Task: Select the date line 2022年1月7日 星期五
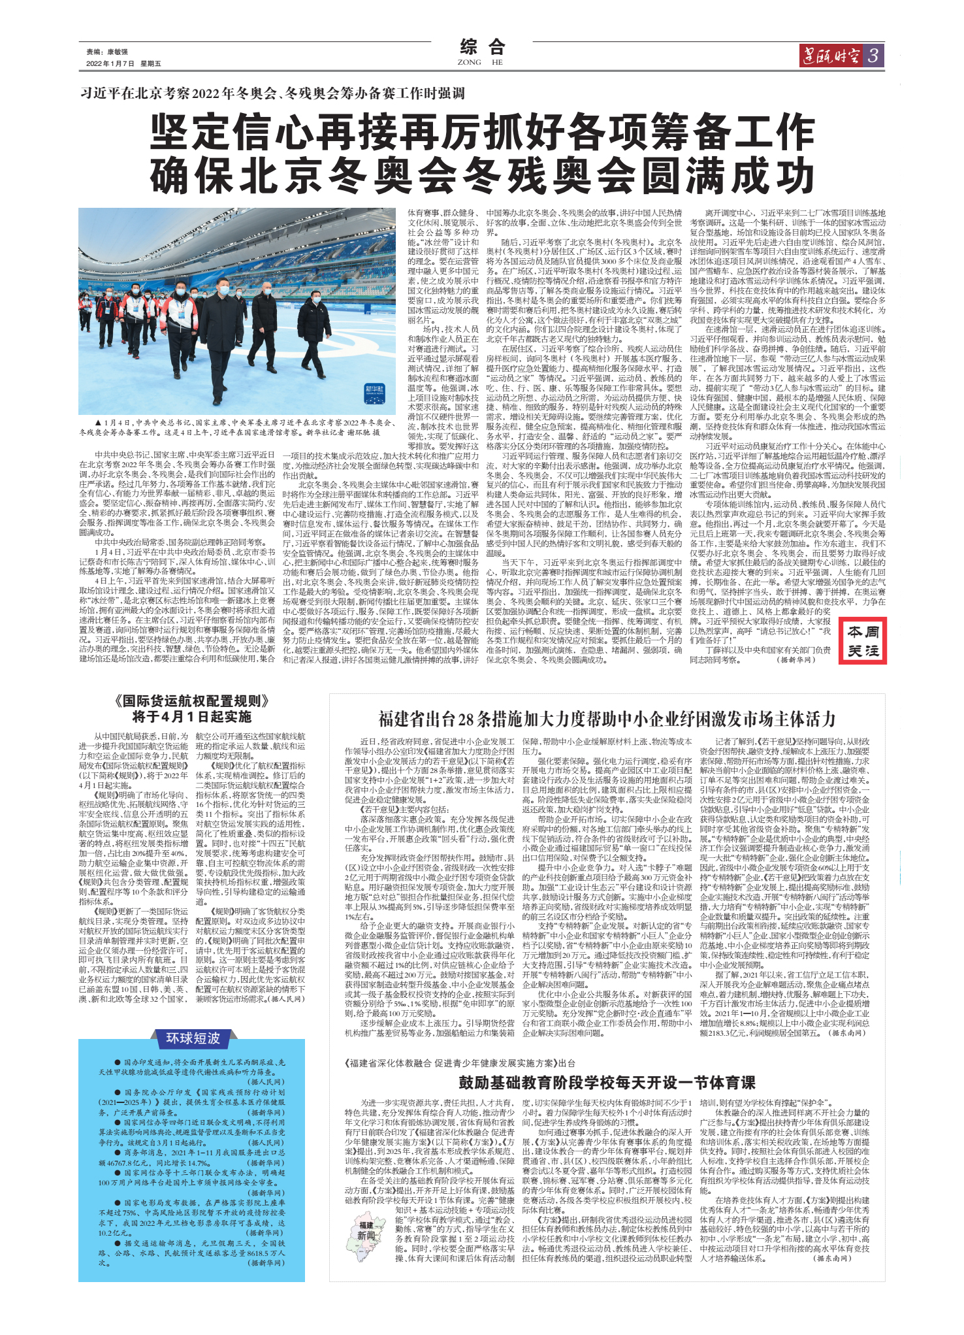coord(123,63)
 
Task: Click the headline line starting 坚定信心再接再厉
coord(482,133)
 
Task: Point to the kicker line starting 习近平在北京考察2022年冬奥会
coord(272,93)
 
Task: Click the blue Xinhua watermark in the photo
coord(375,392)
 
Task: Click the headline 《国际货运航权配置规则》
coord(191,702)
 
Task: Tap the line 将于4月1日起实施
coord(191,717)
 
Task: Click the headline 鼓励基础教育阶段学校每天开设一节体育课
coord(607,1082)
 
